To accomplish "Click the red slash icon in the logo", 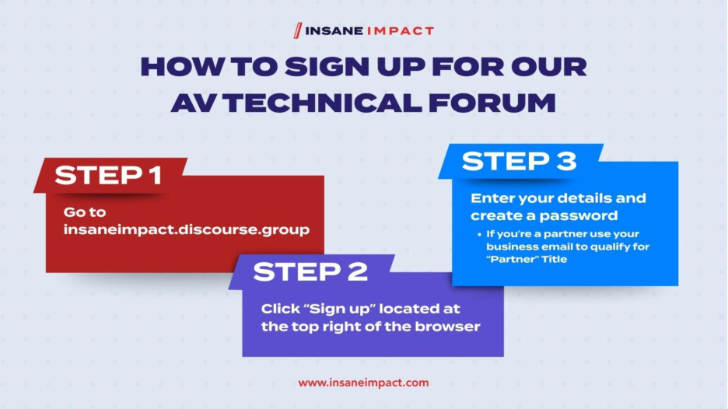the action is pyautogui.click(x=298, y=30).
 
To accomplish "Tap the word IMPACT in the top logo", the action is pyautogui.click(x=401, y=31).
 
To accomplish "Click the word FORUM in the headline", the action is pyautogui.click(x=492, y=103).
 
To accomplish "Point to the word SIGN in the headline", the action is pyautogui.click(x=327, y=67).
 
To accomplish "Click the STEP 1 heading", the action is pyautogui.click(x=108, y=176).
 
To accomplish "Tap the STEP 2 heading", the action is pyautogui.click(x=310, y=271).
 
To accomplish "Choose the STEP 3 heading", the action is pyautogui.click(x=519, y=161).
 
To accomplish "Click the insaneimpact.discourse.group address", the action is pyautogui.click(x=186, y=229).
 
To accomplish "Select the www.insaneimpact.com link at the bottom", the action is pyautogui.click(x=363, y=383).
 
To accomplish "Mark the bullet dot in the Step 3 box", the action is pyautogui.click(x=479, y=235).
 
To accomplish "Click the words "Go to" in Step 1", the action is pyautogui.click(x=85, y=212).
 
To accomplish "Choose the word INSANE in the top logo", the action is pyautogui.click(x=334, y=31).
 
